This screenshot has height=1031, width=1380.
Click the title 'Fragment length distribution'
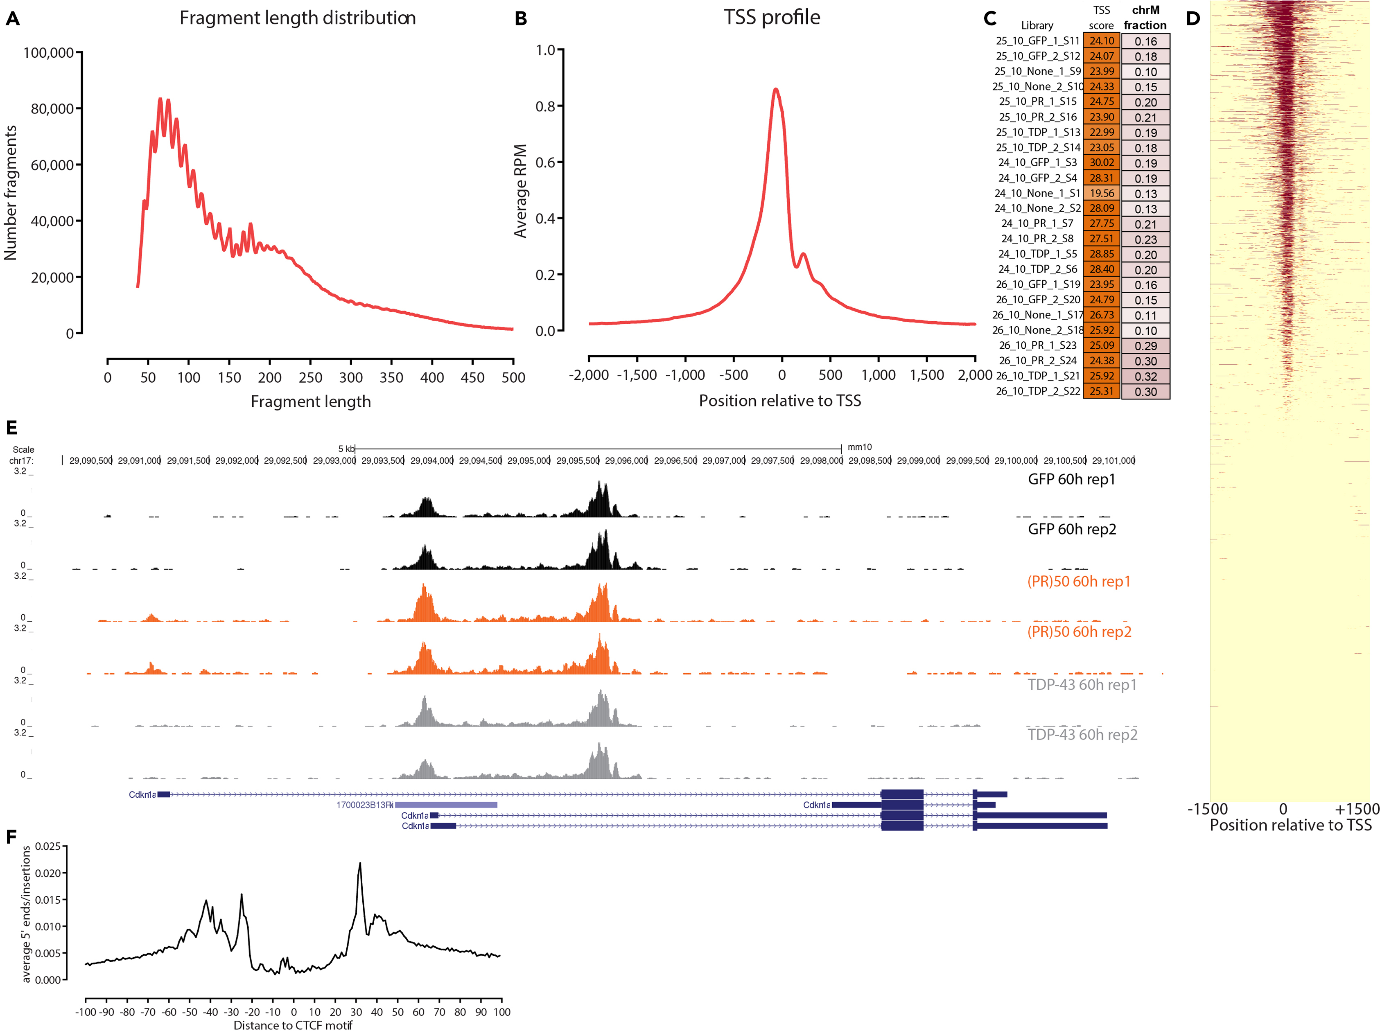pyautogui.click(x=298, y=18)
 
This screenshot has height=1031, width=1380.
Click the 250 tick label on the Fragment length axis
pyautogui.click(x=310, y=377)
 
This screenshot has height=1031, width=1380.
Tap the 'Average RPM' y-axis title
pyautogui.click(x=520, y=191)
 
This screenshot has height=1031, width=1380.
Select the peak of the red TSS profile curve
pyautogui.click(x=775, y=89)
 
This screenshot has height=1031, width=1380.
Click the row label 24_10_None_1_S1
pyautogui.click(x=1037, y=193)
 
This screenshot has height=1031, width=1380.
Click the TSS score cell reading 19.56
pyautogui.click(x=1101, y=193)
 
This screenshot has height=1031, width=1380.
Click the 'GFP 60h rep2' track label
pyautogui.click(x=1072, y=529)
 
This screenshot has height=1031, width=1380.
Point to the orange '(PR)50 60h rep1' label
pyautogui.click(x=1079, y=581)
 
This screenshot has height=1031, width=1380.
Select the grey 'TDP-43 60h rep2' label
pyautogui.click(x=1082, y=734)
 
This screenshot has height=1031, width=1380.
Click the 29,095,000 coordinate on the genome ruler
pyautogui.click(x=529, y=460)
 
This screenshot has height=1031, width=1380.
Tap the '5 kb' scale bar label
pyautogui.click(x=346, y=449)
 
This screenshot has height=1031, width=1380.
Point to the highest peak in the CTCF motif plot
pyautogui.click(x=360, y=864)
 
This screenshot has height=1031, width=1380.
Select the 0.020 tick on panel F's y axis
pyautogui.click(x=48, y=873)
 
